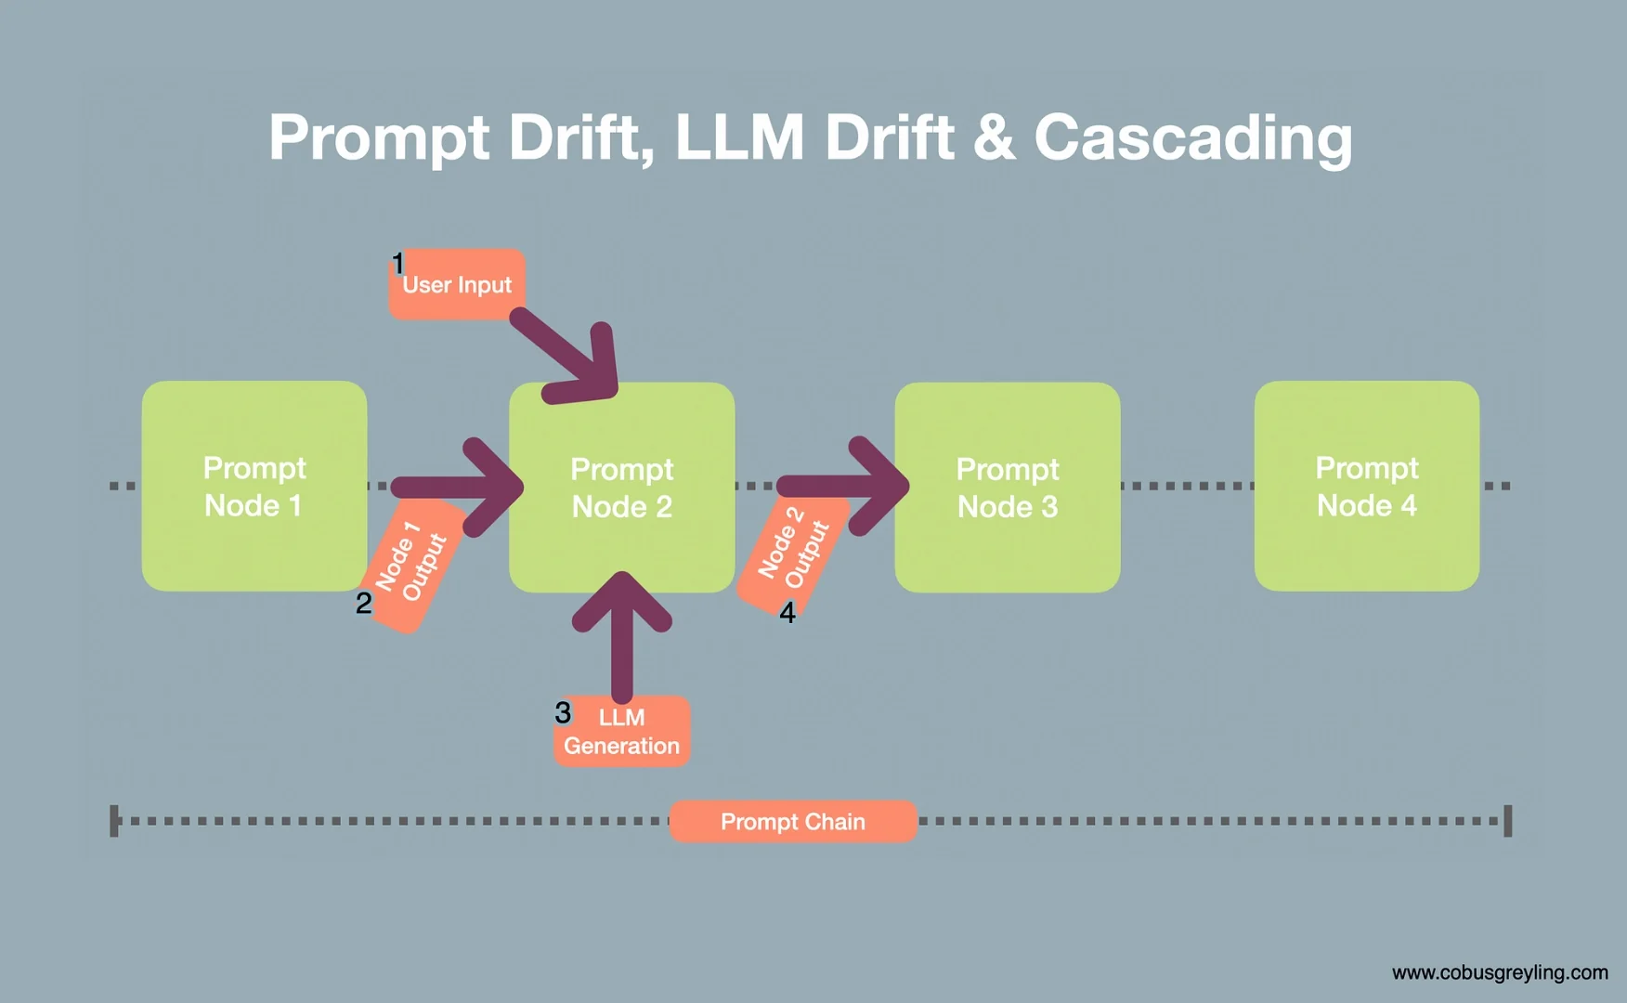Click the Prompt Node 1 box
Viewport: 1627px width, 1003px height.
point(254,486)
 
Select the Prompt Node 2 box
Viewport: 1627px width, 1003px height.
point(621,488)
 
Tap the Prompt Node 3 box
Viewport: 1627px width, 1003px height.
point(1008,488)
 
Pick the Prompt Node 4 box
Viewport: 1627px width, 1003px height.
point(1366,486)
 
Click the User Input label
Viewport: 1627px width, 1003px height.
point(457,285)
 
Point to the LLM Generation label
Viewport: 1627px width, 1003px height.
point(621,732)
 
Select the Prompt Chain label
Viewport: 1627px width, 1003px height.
point(792,822)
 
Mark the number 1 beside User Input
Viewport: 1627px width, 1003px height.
point(397,264)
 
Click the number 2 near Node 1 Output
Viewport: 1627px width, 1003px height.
point(364,604)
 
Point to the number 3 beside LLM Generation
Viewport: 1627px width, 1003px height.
point(563,713)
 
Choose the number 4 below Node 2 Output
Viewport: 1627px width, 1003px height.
point(787,613)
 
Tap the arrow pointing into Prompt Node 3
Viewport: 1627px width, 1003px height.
point(845,486)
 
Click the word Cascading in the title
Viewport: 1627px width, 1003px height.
point(1192,137)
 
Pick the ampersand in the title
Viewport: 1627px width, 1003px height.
point(994,137)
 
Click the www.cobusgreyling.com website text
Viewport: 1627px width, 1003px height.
point(1500,972)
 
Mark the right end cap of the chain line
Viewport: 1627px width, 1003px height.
point(1508,821)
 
